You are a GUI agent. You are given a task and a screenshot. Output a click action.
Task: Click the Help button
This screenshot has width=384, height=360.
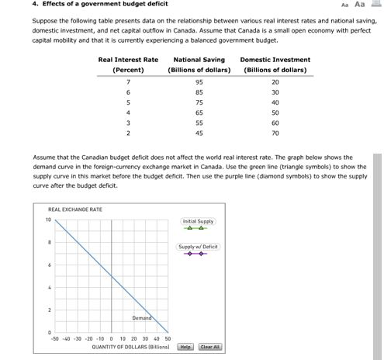(185, 347)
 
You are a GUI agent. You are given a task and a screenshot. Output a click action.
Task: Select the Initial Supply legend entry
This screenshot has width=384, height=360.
(199, 221)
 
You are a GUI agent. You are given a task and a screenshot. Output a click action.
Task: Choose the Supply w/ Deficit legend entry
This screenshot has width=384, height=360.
(199, 247)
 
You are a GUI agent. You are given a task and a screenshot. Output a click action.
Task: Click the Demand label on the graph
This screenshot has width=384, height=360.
(142, 318)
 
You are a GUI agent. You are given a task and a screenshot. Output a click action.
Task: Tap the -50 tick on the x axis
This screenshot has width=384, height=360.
(54, 339)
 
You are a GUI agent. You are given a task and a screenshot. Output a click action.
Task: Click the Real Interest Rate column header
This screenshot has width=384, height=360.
(128, 60)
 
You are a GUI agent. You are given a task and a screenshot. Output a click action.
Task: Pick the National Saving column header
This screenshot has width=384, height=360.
(199, 60)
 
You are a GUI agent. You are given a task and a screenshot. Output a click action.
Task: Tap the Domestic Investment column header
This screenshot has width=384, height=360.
(275, 60)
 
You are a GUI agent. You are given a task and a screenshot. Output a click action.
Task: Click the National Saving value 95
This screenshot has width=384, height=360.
(199, 81)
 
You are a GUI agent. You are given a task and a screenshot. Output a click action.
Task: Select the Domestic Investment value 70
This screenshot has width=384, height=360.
(275, 133)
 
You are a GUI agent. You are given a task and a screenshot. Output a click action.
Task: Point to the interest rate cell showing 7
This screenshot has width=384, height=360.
(128, 81)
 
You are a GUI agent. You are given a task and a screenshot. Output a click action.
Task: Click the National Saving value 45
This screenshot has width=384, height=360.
(199, 133)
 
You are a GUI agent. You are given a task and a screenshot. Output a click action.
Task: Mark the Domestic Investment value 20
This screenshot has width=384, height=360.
(275, 81)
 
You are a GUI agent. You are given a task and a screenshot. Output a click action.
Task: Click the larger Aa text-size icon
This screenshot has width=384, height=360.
(358, 4)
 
